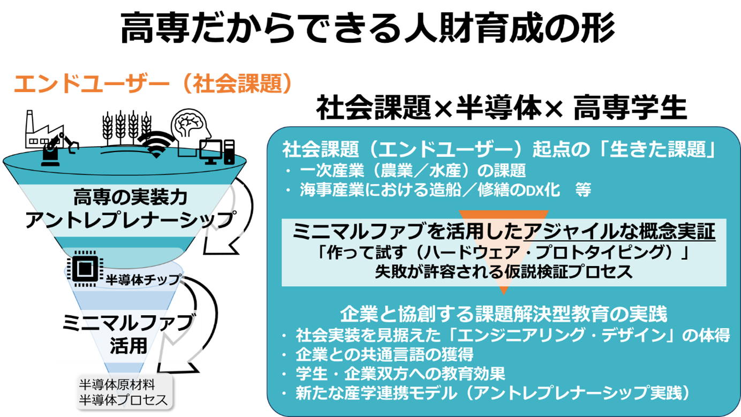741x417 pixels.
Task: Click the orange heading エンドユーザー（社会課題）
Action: click(x=153, y=84)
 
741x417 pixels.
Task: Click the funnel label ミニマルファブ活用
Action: click(x=128, y=333)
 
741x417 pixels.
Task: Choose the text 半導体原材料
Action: click(x=117, y=384)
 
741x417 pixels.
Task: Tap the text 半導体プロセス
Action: click(x=123, y=399)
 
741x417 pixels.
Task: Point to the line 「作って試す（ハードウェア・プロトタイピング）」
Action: click(x=503, y=253)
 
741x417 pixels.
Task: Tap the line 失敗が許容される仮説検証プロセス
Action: click(x=503, y=271)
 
